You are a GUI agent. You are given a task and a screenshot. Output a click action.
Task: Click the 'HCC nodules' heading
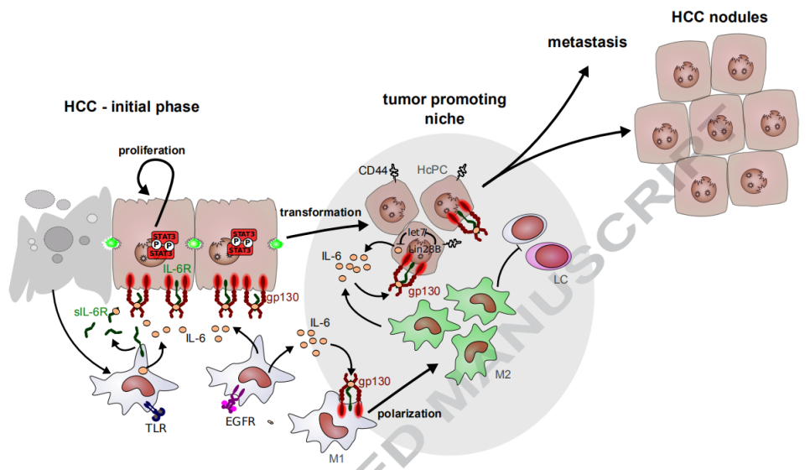[x=721, y=17]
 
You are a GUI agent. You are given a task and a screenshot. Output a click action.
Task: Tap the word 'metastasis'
[x=587, y=42]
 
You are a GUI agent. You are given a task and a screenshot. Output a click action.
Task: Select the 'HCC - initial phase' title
[x=132, y=107]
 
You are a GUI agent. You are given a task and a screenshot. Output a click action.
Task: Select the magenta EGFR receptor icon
[x=231, y=402]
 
